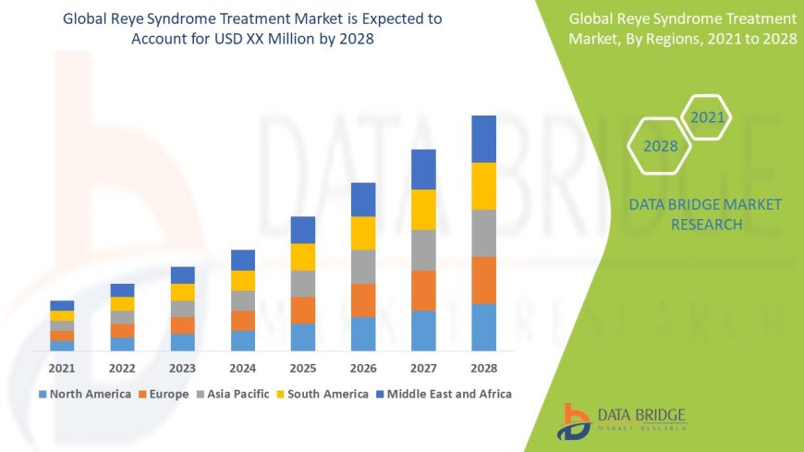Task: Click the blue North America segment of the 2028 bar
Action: point(483,327)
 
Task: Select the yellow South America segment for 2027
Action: point(423,210)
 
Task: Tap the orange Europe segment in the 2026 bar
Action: point(363,300)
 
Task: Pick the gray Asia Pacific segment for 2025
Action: point(303,284)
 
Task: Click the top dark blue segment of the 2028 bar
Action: point(483,139)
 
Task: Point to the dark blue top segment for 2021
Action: point(62,305)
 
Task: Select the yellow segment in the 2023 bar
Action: point(183,292)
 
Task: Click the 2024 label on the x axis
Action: point(242,367)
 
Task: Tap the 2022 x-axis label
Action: point(122,367)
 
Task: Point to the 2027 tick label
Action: point(423,367)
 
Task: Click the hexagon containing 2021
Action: point(707,118)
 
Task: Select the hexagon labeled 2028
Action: point(661,146)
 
